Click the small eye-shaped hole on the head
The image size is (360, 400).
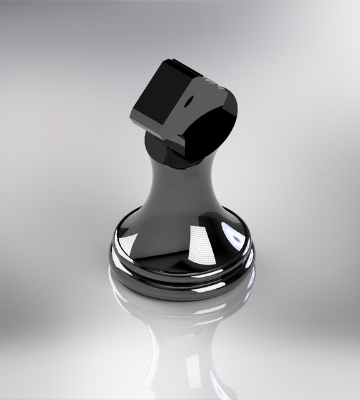(x=189, y=100)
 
